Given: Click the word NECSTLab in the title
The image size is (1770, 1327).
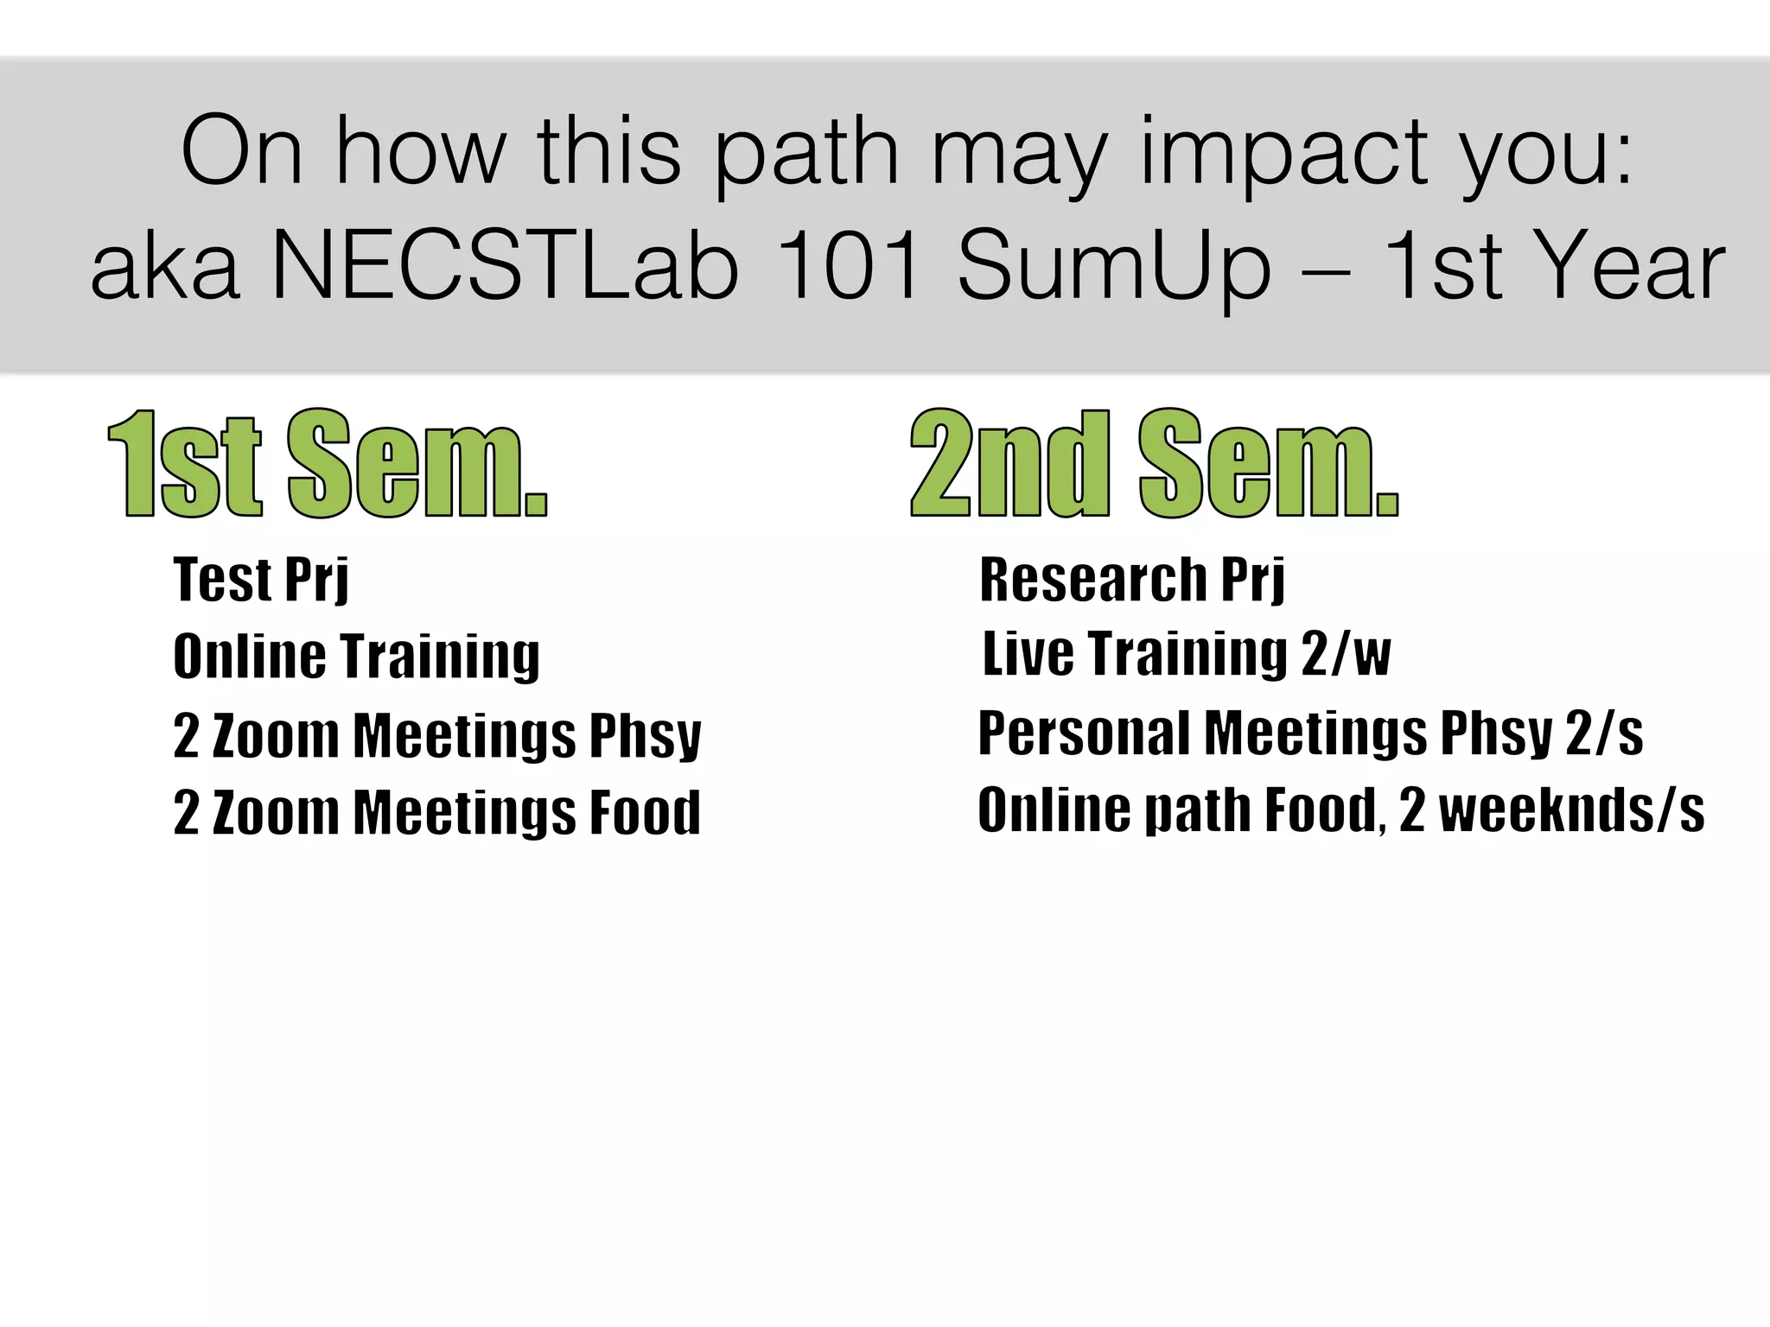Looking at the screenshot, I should click(x=506, y=265).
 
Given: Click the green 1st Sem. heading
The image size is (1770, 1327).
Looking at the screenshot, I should click(x=328, y=464).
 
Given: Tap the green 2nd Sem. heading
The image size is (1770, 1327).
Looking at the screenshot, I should click(x=1154, y=464).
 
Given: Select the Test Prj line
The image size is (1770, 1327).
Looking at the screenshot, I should click(x=261, y=580).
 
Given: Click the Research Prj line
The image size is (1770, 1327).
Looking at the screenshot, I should click(x=1132, y=580).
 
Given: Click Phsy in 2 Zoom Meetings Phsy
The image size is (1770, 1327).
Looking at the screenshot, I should click(x=645, y=736).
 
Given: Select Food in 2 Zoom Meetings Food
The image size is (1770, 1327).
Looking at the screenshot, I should click(x=645, y=812).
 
